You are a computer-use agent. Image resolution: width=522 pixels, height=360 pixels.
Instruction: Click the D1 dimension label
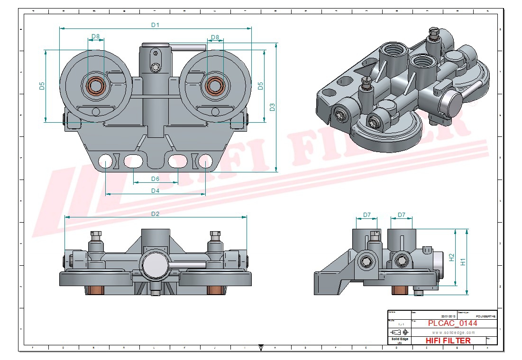pos(155,25)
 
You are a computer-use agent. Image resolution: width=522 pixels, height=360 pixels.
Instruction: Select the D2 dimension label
pos(155,214)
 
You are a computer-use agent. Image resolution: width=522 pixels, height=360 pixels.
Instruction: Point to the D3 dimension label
pos(273,107)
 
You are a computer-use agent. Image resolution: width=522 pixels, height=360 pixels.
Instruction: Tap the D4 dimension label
pos(155,190)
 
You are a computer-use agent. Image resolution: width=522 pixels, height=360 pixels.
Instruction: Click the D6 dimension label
pos(155,179)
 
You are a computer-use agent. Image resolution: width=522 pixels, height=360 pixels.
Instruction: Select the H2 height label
pos(451,257)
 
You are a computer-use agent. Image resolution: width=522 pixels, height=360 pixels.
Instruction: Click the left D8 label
pos(96,36)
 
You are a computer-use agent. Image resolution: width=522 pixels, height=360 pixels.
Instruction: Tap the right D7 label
pos(402,215)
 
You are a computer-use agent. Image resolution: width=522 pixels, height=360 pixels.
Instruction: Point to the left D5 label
pos(42,86)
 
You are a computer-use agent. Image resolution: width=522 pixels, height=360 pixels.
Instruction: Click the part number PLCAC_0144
pos(452,323)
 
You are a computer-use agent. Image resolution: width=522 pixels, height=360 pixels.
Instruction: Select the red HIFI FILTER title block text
pos(448,341)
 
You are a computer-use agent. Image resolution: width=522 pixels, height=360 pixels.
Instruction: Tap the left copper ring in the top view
pos(96,86)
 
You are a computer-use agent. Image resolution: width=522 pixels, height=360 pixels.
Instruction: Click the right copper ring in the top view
pos(215,86)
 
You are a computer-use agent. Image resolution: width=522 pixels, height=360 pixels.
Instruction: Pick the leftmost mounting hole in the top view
pos(105,162)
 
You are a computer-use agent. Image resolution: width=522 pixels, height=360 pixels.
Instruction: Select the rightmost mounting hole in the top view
pos(205,162)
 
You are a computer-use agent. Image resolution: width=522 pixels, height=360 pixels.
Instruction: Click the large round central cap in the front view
pos(155,264)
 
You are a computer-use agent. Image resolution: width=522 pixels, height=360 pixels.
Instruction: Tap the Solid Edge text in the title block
pos(399,340)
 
